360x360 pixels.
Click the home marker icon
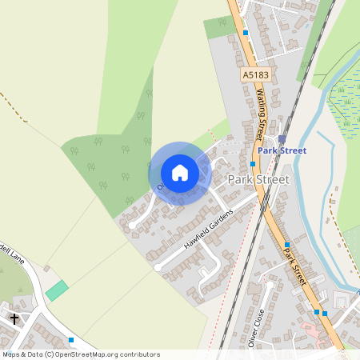(180, 173)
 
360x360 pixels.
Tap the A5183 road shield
(254, 74)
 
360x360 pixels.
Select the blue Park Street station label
(282, 150)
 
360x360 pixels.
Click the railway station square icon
(282, 138)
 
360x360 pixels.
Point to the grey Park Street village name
(258, 179)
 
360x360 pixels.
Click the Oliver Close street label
(258, 326)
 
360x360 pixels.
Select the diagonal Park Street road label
(294, 264)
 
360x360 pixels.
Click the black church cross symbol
(14, 318)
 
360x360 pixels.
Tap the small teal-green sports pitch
(56, 290)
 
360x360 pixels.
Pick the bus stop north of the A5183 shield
(246, 33)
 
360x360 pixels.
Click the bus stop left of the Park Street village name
(252, 163)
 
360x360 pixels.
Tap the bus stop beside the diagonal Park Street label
(286, 244)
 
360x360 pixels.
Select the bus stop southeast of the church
(71, 339)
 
